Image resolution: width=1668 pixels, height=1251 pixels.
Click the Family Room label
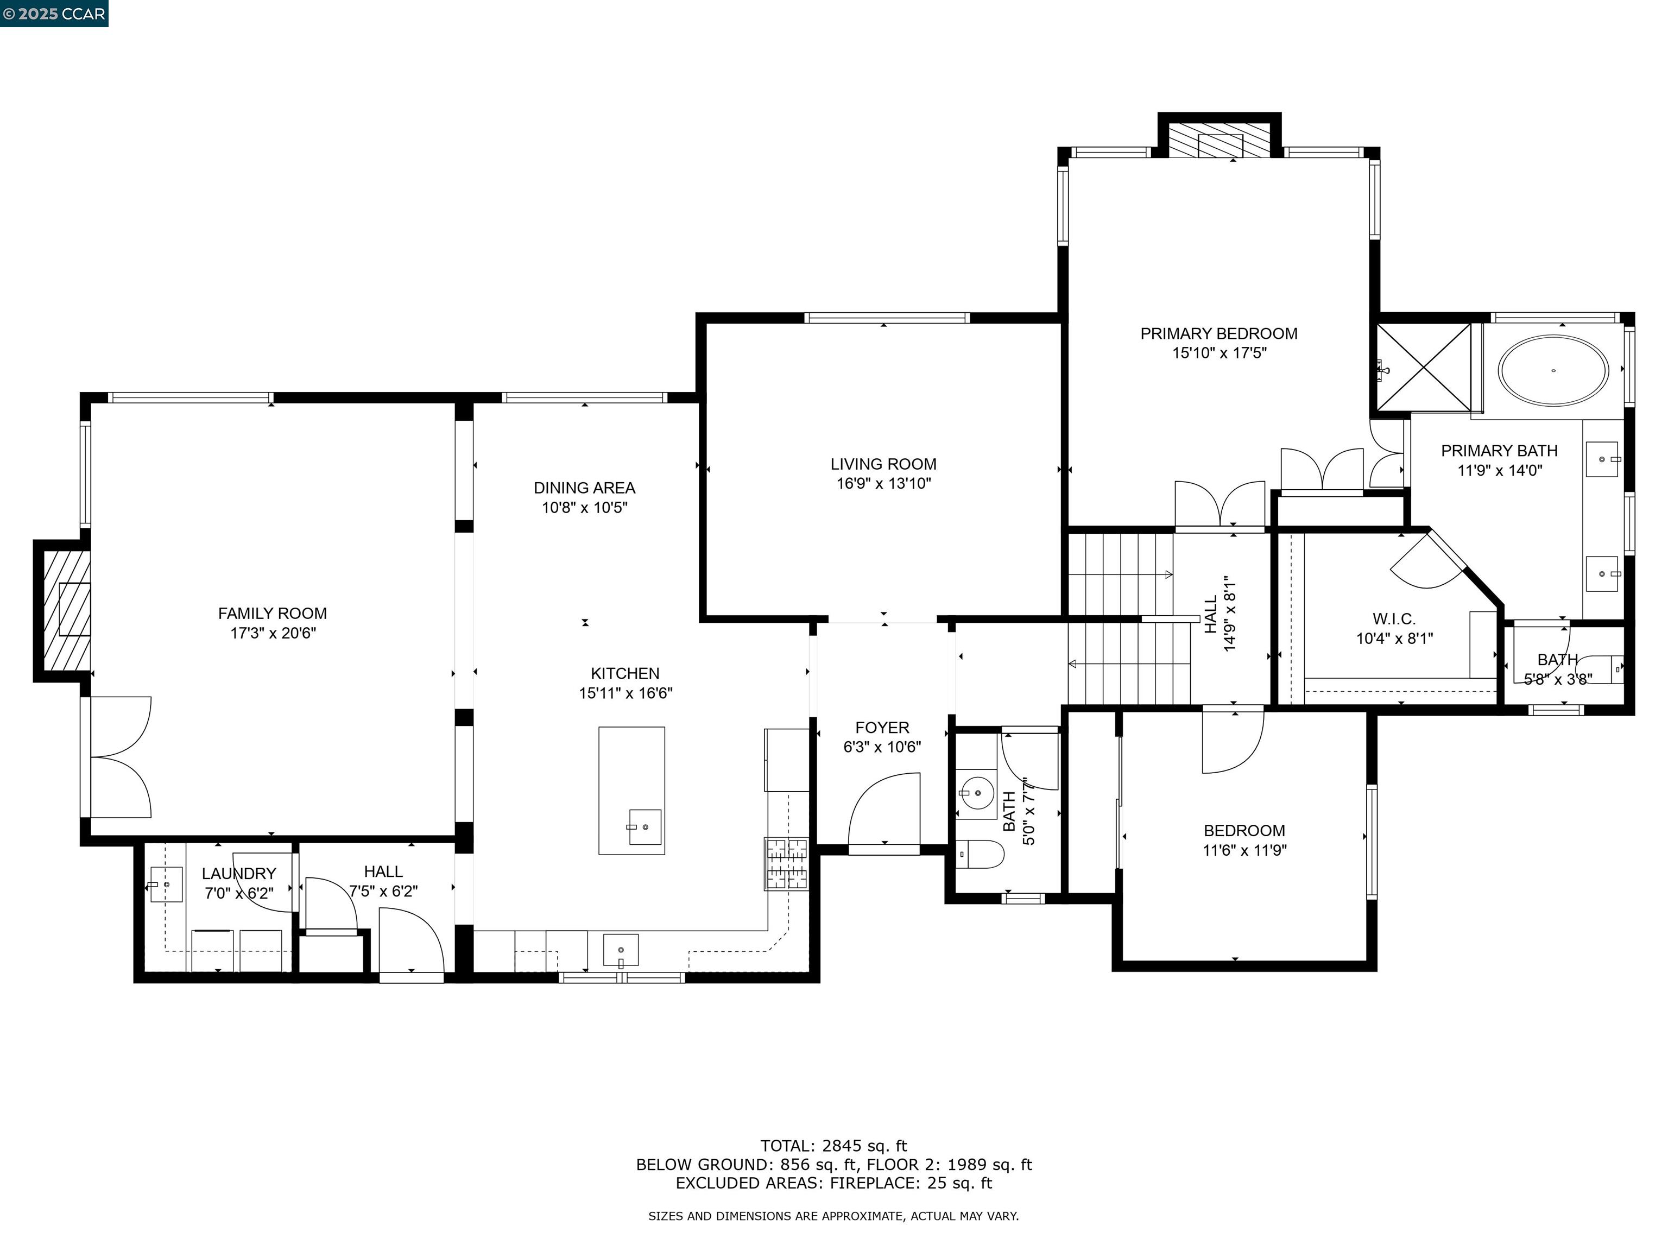[272, 614]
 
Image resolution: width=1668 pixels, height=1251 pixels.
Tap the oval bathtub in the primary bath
[1553, 370]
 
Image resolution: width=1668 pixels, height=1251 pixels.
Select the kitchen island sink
[645, 827]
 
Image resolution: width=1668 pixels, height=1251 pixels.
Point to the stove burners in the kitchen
[787, 864]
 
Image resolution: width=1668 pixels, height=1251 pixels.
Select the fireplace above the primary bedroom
[1220, 140]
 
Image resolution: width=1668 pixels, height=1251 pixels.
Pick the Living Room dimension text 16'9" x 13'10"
[884, 483]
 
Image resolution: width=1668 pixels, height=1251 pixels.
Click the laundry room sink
[166, 884]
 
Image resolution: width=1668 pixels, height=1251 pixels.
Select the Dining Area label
[584, 488]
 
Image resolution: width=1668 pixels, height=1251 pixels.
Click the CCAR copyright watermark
[54, 14]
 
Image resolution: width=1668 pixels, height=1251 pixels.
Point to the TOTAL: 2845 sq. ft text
[833, 1146]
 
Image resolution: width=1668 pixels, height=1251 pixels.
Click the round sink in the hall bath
[977, 793]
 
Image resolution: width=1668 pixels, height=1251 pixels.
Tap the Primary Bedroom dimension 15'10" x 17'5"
[1220, 353]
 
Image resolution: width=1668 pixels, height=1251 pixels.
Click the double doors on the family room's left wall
[121, 757]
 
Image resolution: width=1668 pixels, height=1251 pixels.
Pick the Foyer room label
[882, 728]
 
